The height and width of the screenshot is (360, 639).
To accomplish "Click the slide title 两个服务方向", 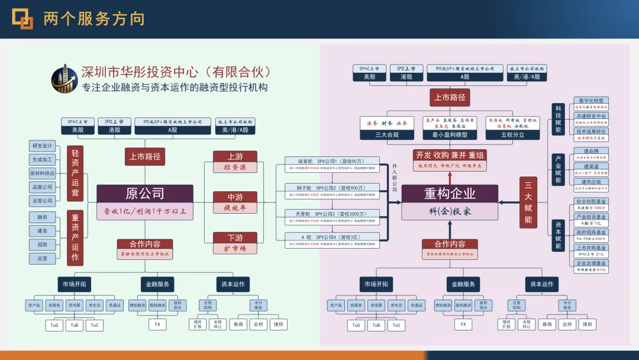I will [94, 19].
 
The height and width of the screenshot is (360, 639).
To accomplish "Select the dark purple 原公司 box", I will [144, 194].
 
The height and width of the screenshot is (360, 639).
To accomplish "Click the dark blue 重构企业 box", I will [450, 194].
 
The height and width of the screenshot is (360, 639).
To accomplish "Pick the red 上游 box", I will [235, 156].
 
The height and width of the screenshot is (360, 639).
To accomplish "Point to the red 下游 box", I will [235, 238].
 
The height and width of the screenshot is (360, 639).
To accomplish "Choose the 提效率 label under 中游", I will [235, 208].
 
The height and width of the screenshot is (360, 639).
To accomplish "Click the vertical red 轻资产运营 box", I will [75, 173].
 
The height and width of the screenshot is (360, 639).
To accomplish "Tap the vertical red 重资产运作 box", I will [75, 238].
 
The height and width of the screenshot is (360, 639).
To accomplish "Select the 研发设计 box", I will [43, 146].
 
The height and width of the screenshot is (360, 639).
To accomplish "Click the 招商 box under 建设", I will [43, 245].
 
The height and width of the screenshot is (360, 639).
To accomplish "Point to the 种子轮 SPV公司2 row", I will [331, 188].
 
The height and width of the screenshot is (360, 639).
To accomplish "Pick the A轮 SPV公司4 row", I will [331, 237].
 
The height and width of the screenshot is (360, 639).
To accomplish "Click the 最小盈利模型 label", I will [449, 134].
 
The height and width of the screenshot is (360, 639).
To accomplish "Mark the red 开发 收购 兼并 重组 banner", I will [450, 155].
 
